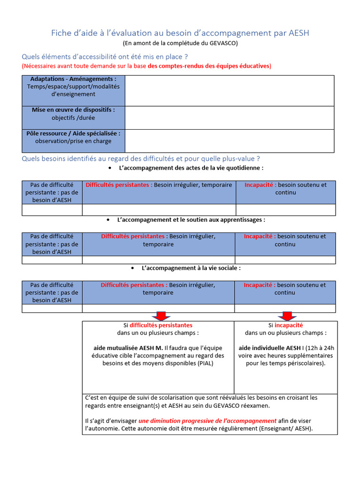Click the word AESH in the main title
(298, 33)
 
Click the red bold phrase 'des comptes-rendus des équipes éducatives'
(209, 66)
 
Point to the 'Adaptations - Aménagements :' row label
(73, 79)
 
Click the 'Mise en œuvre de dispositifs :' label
(73, 110)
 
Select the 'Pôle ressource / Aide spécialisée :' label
(73, 133)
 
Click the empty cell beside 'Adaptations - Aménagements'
(229, 90)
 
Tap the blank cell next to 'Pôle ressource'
(229, 141)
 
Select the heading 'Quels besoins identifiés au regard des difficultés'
(141, 158)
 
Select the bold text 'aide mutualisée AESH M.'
(128, 348)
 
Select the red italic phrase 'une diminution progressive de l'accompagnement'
(207, 421)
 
